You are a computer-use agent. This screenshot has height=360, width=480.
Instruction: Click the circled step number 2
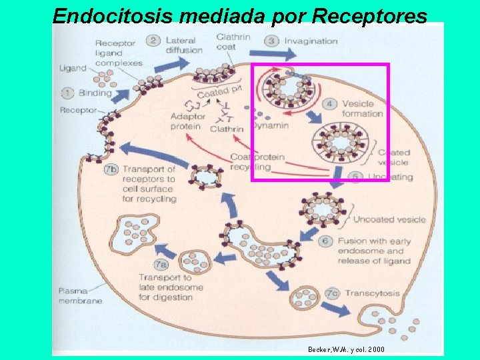tap(153, 41)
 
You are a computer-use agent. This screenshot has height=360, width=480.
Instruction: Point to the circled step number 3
tap(272, 41)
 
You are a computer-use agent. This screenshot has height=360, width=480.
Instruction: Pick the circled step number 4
tap(330, 104)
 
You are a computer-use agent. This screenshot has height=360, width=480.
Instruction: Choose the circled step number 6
tap(327, 241)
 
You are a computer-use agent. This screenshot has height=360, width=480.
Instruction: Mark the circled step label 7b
tap(111, 169)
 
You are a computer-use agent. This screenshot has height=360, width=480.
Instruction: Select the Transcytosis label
tap(372, 293)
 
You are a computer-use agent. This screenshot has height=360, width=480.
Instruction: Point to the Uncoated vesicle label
tap(389, 219)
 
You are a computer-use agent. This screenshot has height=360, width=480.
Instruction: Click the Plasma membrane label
tap(80, 296)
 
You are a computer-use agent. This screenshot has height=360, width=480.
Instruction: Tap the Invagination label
tap(311, 41)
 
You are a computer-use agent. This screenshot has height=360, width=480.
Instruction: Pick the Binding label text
tap(95, 93)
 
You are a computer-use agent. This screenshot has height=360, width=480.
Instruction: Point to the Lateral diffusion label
tap(183, 45)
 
